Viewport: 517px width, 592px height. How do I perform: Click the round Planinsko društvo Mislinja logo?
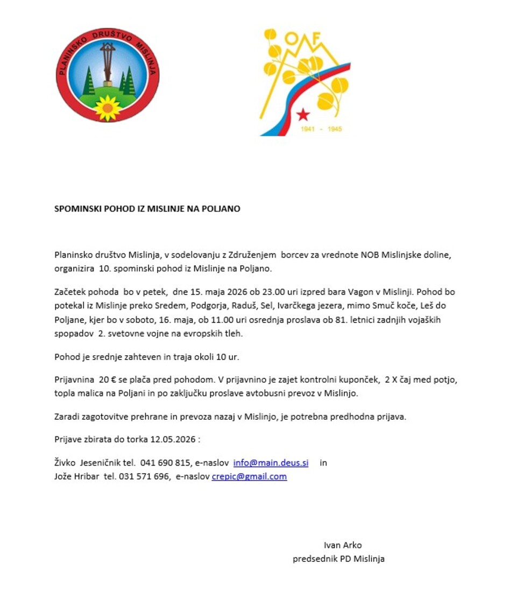pos(108,75)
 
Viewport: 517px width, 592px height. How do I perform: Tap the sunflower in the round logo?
pos(108,108)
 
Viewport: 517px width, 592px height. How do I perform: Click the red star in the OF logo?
pos(303,114)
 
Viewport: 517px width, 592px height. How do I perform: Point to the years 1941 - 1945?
pos(321,130)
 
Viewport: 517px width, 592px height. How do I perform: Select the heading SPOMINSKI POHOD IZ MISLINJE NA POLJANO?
pos(147,209)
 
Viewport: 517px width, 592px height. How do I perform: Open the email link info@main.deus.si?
pos(271,463)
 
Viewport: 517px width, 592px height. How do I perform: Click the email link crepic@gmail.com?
pos(249,476)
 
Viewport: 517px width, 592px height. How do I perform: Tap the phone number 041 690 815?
pos(165,463)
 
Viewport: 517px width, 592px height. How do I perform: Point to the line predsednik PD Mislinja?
pos(338,559)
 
